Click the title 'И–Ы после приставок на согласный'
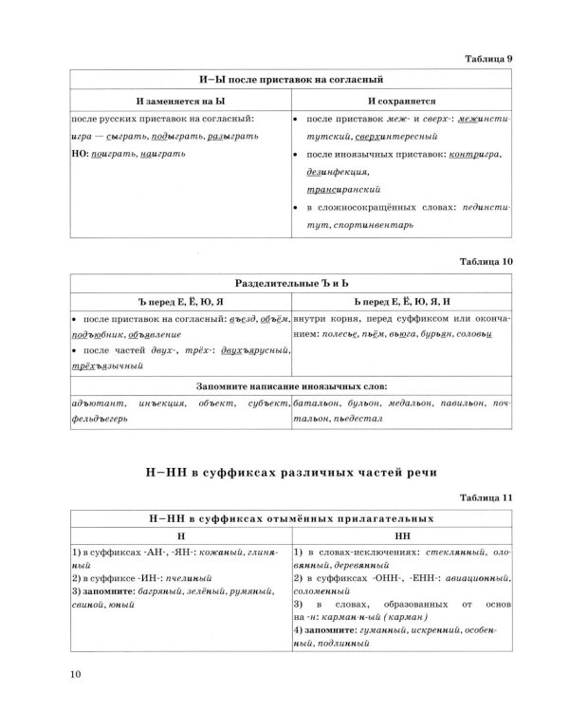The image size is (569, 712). click(x=288, y=79)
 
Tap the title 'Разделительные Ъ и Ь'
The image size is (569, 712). click(x=288, y=282)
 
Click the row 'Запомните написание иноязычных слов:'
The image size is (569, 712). click(x=288, y=386)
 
